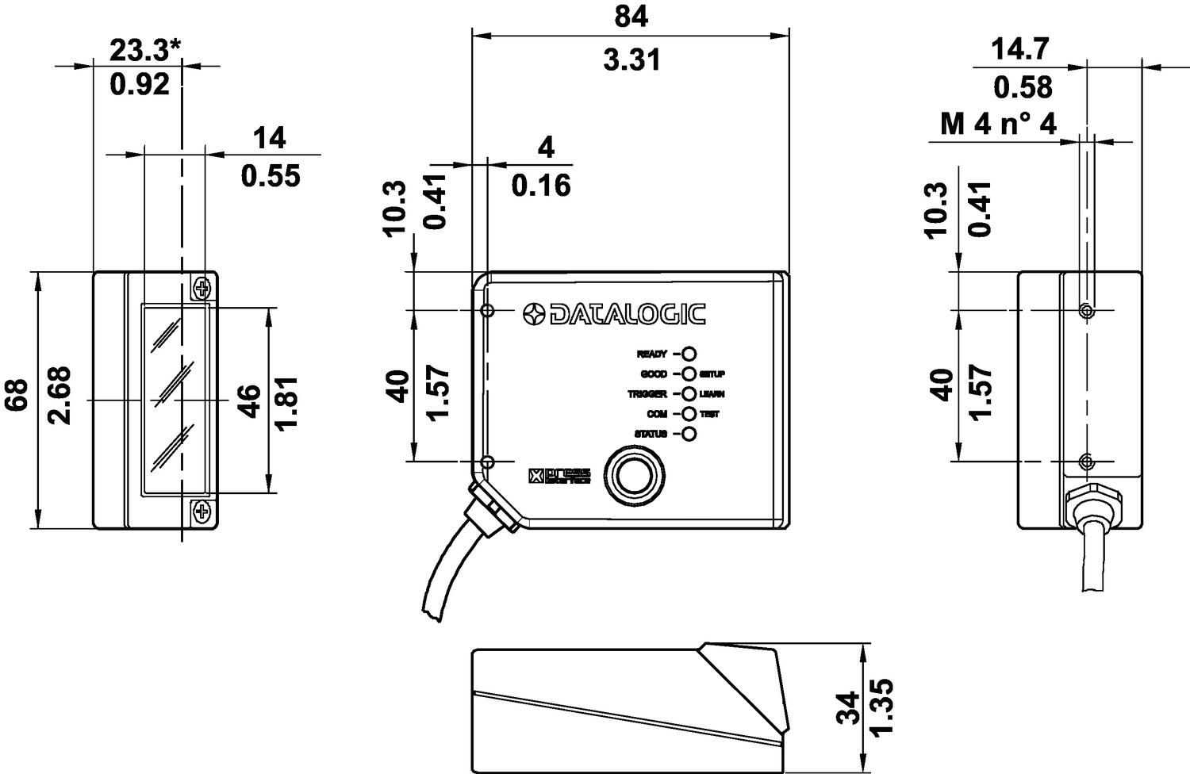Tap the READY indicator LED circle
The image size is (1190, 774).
pyautogui.click(x=689, y=354)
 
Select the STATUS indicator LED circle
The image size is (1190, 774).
pyautogui.click(x=689, y=434)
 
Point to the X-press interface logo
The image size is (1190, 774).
pyautogui.click(x=559, y=476)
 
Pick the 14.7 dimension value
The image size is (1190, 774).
pyautogui.click(x=1021, y=49)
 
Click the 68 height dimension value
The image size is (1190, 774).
pyautogui.click(x=17, y=395)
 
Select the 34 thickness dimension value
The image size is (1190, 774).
pyautogui.click(x=849, y=707)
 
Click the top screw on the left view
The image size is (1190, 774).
pyautogui.click(x=202, y=287)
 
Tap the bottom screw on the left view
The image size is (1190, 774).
pyautogui.click(x=202, y=512)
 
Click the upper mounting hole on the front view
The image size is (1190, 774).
pyautogui.click(x=488, y=310)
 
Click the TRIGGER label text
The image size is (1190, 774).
pyautogui.click(x=647, y=394)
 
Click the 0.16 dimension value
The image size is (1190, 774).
pyautogui.click(x=540, y=186)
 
